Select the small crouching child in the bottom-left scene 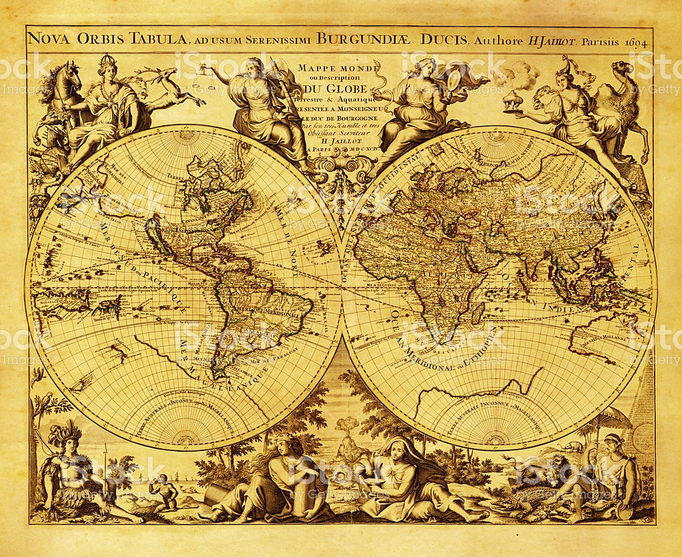[x=163, y=494]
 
